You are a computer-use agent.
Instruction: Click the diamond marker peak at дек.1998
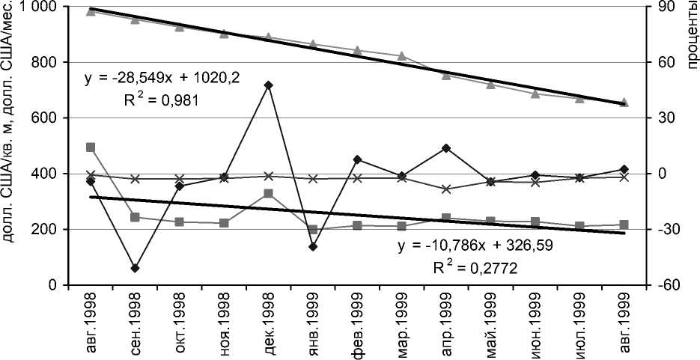268,85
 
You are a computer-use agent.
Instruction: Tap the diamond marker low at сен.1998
135,268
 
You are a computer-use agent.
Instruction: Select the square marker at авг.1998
91,147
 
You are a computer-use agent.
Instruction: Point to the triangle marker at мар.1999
402,56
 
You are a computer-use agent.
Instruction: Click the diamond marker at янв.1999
313,246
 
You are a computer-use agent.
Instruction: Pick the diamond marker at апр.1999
446,148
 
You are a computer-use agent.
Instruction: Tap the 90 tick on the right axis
666,7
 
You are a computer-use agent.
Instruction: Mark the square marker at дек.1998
268,194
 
